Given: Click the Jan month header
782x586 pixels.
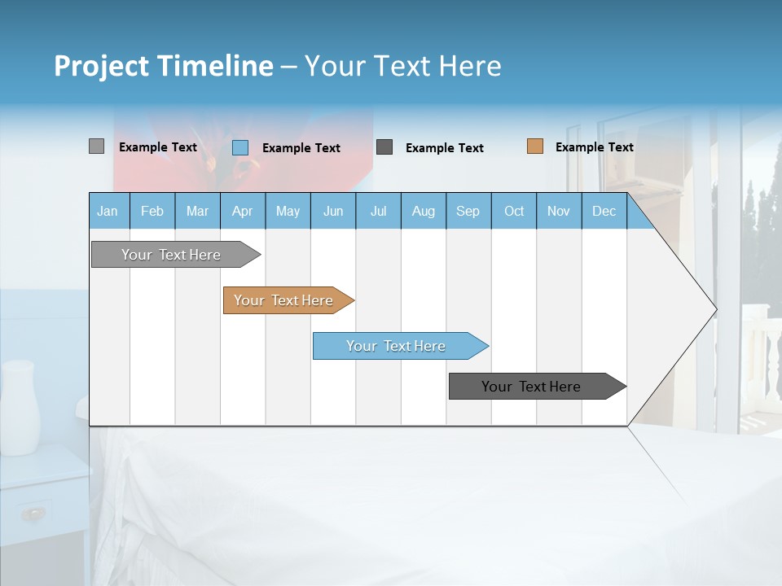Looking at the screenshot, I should pyautogui.click(x=108, y=211).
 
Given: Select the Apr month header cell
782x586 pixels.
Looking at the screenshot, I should pyautogui.click(x=243, y=211).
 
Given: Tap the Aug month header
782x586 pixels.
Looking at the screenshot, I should pyautogui.click(x=423, y=211).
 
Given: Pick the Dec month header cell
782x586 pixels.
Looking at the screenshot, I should pyautogui.click(x=604, y=211).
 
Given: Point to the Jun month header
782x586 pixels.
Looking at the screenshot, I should pyautogui.click(x=332, y=211).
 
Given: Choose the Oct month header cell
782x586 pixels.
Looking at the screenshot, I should pyautogui.click(x=513, y=211).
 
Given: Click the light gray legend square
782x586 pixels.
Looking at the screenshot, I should pyautogui.click(x=96, y=146).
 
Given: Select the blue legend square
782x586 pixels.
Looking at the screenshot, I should pyautogui.click(x=240, y=147).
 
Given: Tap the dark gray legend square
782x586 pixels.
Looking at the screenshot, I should pyautogui.click(x=384, y=146).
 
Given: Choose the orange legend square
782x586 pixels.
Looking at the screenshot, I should pyautogui.click(x=534, y=146).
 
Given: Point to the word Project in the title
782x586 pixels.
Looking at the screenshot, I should pyautogui.click(x=101, y=66).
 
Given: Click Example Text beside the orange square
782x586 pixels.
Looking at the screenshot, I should pyautogui.click(x=594, y=147).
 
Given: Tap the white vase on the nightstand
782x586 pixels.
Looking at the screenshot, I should pyautogui.click(x=20, y=407).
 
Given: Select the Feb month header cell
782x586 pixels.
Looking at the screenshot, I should pyautogui.click(x=152, y=211).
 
